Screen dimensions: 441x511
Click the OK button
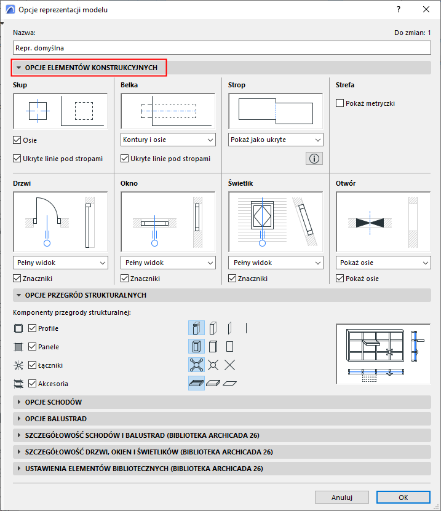[x=403, y=497]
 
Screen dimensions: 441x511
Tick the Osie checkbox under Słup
[x=17, y=140]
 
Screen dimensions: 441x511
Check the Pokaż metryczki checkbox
[x=340, y=103]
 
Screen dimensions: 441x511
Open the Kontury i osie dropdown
[x=168, y=140]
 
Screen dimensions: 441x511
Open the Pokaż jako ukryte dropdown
[x=276, y=140]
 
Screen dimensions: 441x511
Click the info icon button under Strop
[x=314, y=159]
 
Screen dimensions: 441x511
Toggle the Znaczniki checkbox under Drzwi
[x=17, y=279]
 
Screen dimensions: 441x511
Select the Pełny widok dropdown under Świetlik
[x=276, y=263]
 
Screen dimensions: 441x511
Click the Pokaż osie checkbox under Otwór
[x=340, y=279]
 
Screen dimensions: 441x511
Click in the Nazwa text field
[x=221, y=48]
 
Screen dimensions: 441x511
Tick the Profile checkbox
[x=32, y=328]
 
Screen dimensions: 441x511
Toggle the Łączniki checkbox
[x=32, y=365]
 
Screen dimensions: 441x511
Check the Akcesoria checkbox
[x=32, y=384]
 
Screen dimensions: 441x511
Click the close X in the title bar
[x=426, y=9]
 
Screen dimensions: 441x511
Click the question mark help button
[x=399, y=9]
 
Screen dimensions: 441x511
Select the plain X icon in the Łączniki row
[x=230, y=365]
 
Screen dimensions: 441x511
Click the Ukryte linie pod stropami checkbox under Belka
[x=124, y=159]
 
